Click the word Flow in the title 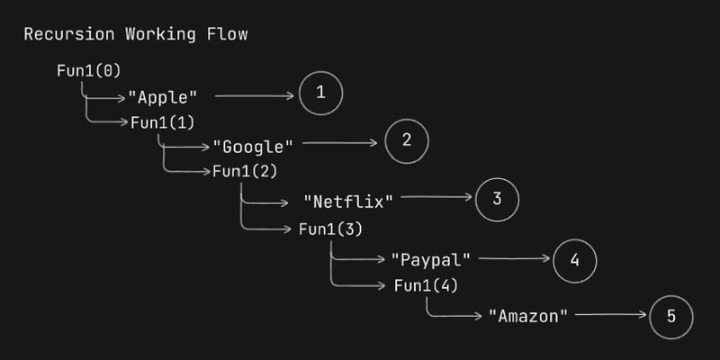click(x=228, y=35)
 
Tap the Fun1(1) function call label click(x=163, y=122)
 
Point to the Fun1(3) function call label click(x=330, y=229)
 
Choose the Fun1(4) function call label click(x=427, y=286)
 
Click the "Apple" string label click(x=163, y=95)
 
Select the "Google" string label click(x=253, y=145)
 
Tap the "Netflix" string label click(x=349, y=200)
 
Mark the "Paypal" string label click(x=432, y=259)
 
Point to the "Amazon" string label click(x=529, y=316)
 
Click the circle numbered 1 click(x=321, y=93)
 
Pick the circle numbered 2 click(x=406, y=141)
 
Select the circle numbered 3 click(x=497, y=199)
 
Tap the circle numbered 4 click(x=575, y=259)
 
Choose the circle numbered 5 click(x=671, y=316)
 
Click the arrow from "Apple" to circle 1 click(x=255, y=94)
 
